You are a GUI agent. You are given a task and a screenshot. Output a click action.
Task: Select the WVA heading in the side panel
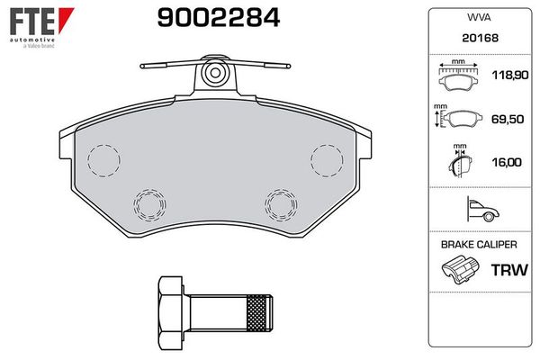477,17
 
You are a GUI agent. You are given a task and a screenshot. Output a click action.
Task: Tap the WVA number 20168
477,39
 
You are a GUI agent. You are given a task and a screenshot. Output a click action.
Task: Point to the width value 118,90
506,79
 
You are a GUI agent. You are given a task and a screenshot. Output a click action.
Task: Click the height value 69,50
506,120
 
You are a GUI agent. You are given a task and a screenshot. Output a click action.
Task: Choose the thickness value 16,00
506,163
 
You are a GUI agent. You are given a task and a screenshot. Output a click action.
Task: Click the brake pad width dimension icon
459,78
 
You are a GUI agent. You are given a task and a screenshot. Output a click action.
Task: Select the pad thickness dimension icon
459,164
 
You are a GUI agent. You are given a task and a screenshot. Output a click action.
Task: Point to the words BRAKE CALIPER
477,244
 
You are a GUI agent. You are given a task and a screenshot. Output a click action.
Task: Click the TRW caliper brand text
506,269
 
